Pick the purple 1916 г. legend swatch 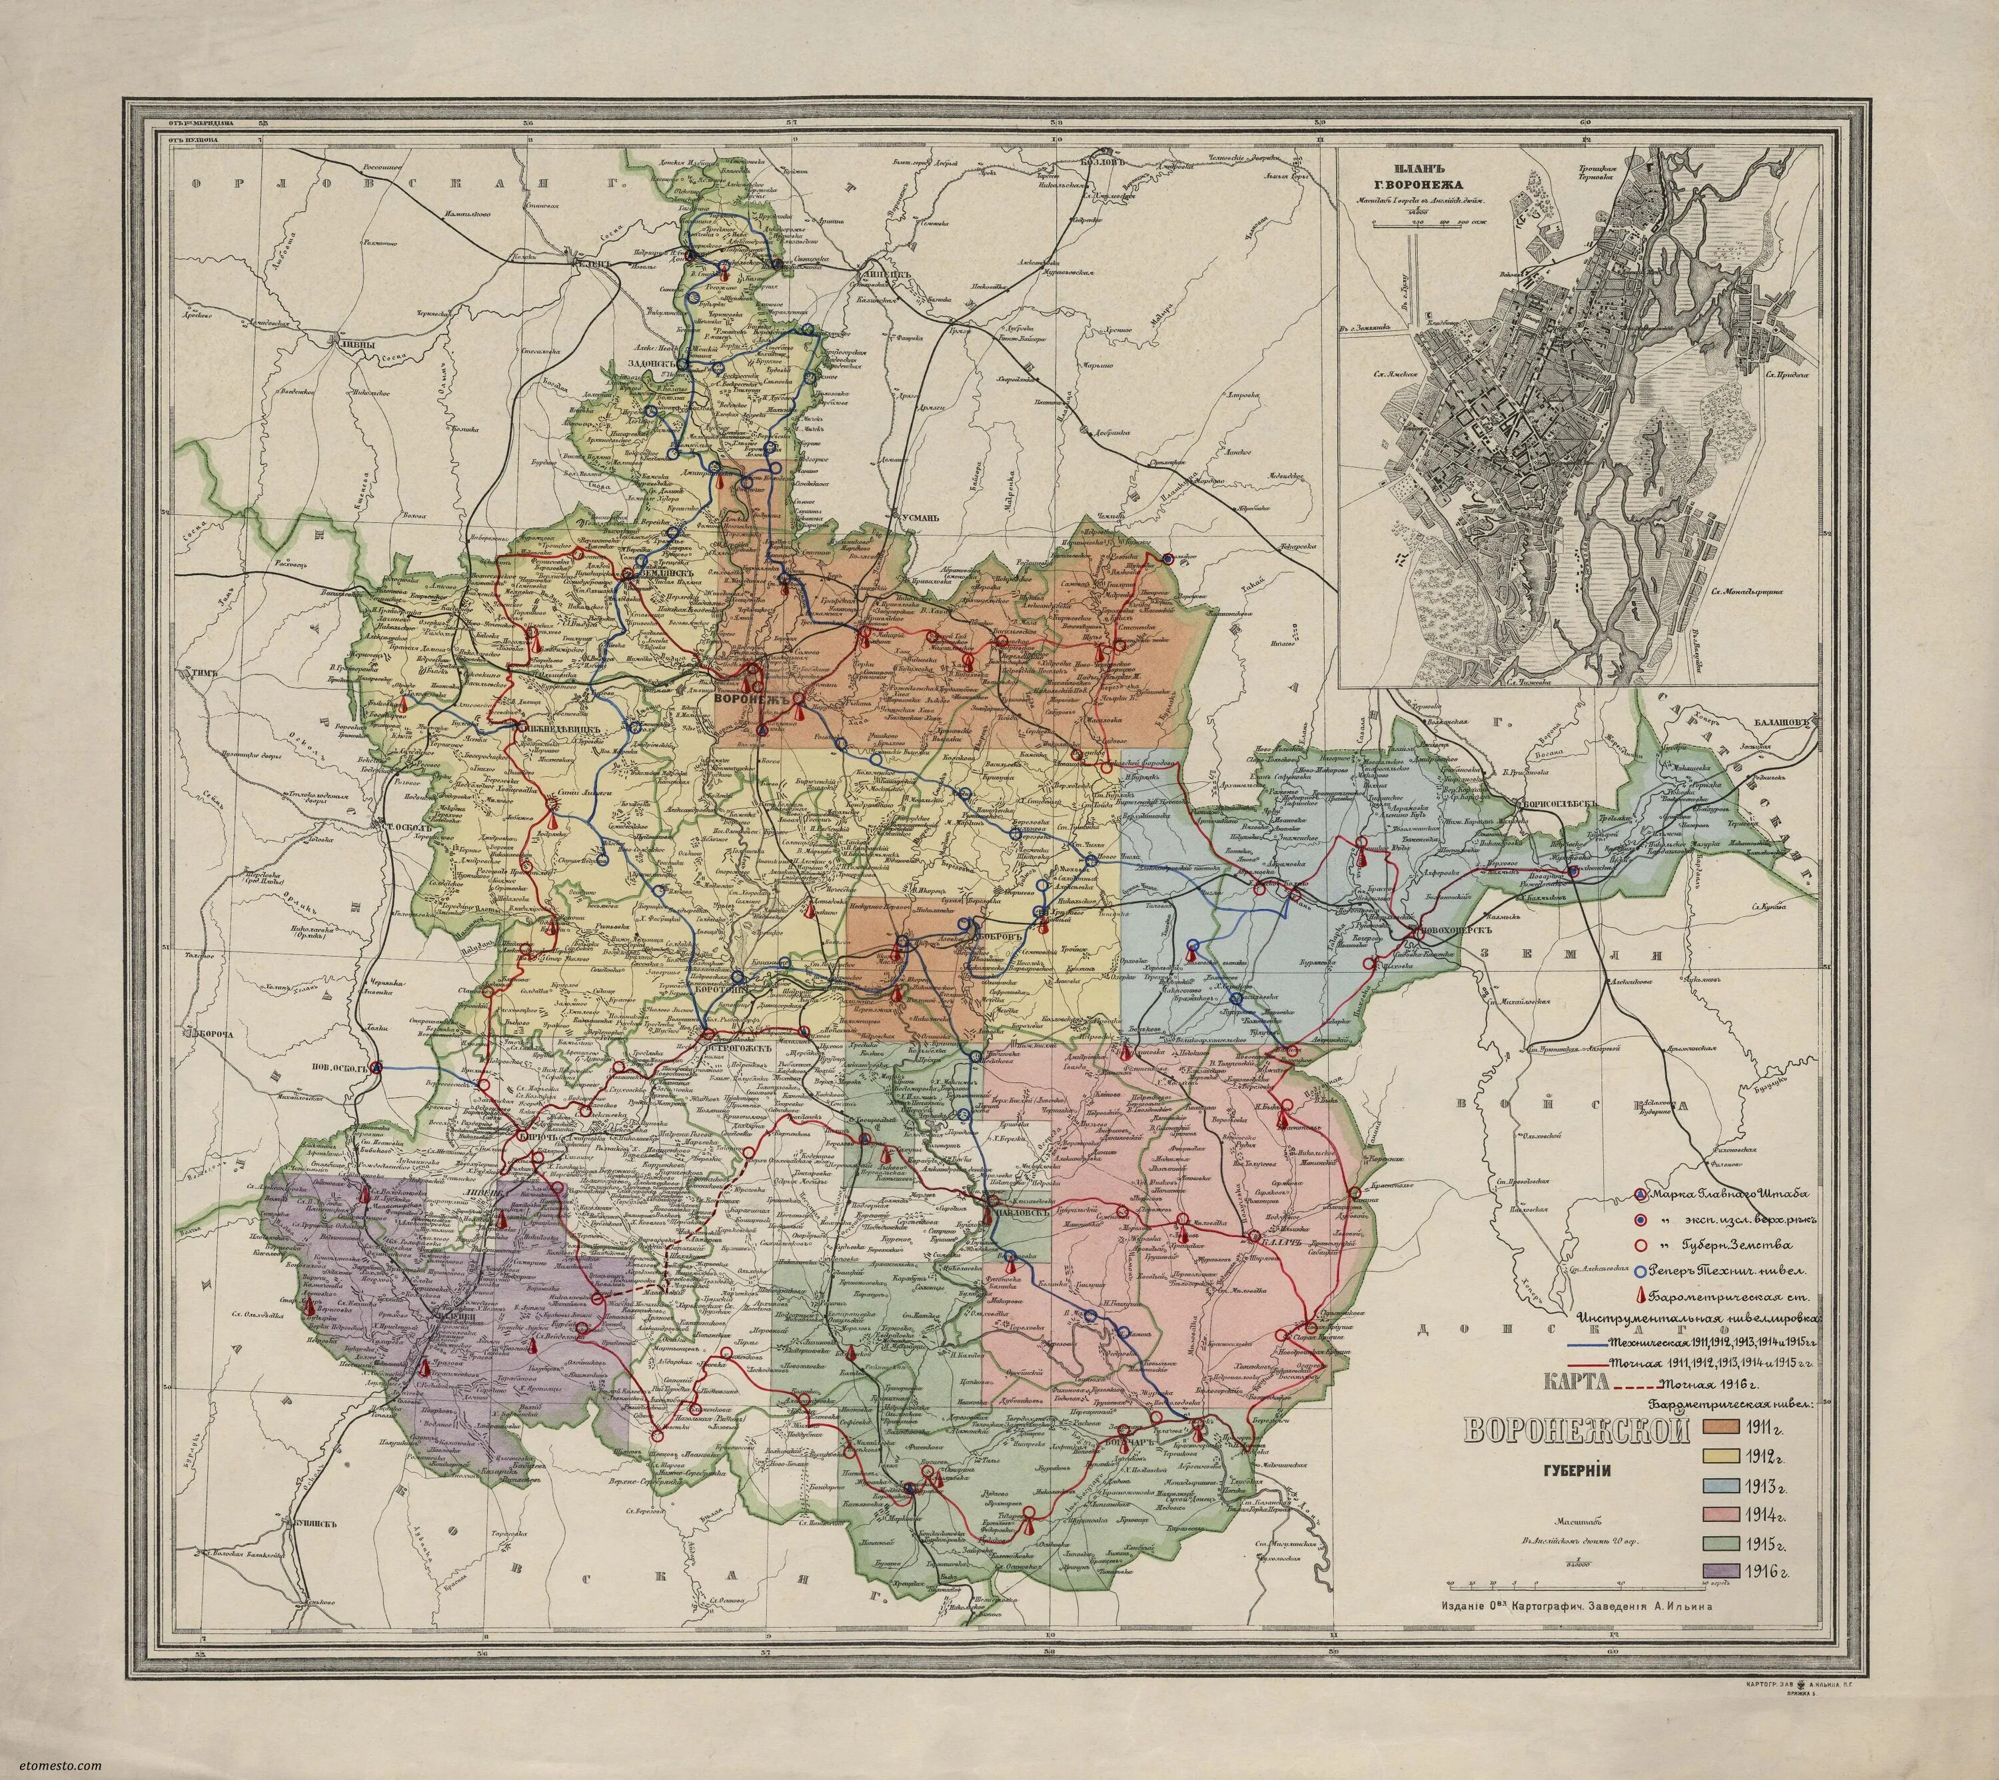click(x=1735, y=1600)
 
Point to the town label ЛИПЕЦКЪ click(x=882, y=277)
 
